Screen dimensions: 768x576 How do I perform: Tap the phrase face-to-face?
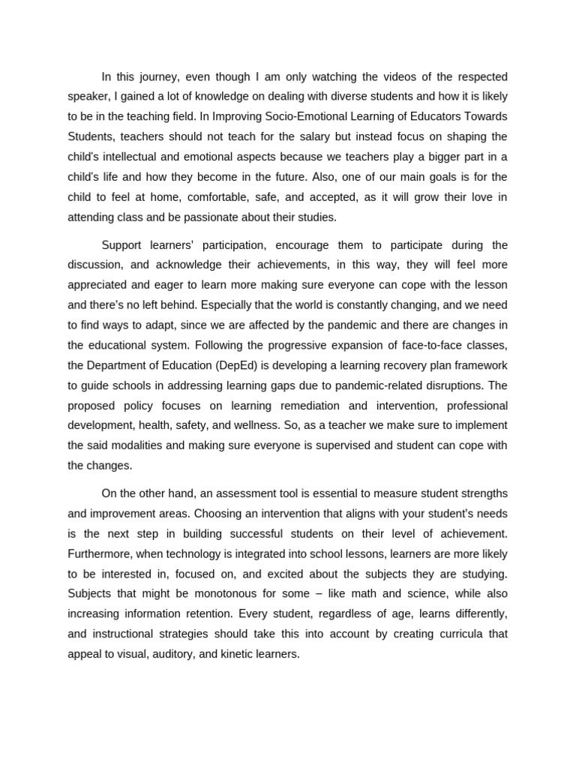(x=430, y=345)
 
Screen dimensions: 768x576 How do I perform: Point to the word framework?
(x=478, y=365)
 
